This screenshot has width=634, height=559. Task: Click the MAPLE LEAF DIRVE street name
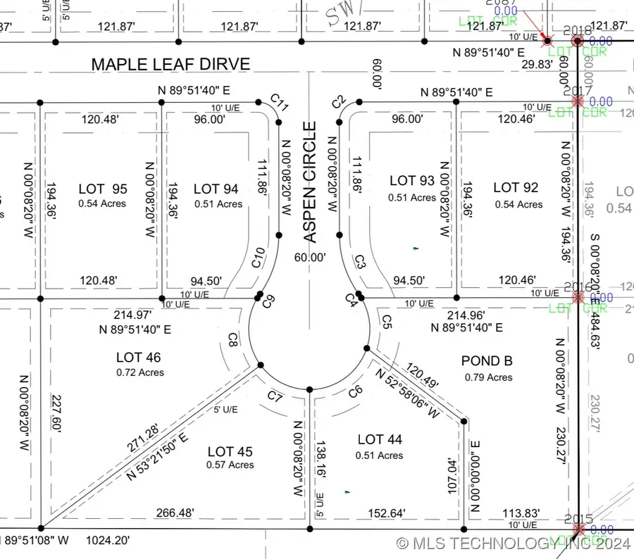coord(170,65)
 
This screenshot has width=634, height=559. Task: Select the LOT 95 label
coord(103,189)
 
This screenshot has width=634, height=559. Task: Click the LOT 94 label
coord(216,189)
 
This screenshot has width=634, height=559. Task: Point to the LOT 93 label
coord(412,182)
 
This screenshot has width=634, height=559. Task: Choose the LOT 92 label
coord(516,187)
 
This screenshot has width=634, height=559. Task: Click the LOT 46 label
coord(138,358)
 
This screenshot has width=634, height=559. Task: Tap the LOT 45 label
coord(230,451)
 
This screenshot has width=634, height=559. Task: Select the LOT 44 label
coord(380,440)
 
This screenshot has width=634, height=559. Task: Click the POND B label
coord(487,361)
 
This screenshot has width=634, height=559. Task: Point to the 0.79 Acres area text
coord(488,377)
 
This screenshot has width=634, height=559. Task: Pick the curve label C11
coord(280,107)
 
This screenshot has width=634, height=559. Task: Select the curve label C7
coord(275,398)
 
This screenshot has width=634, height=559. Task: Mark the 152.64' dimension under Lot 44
coord(387,514)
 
